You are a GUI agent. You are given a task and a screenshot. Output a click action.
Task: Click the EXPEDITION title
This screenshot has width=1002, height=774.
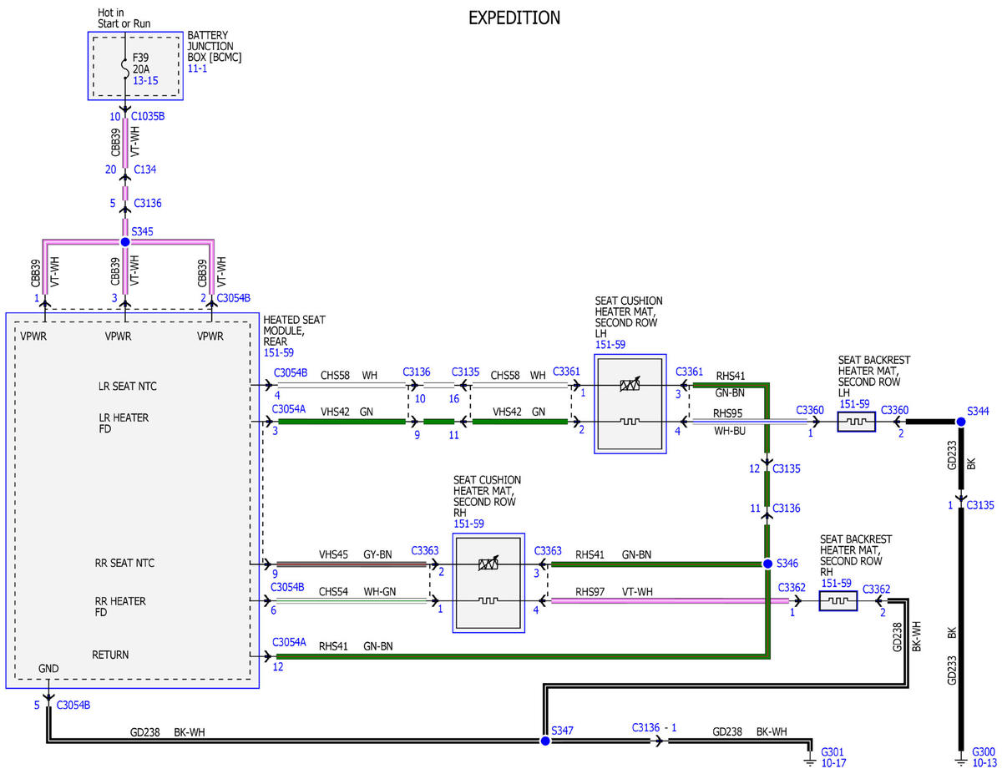pos(514,18)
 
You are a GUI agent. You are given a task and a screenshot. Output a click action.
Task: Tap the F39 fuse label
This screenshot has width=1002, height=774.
pos(140,58)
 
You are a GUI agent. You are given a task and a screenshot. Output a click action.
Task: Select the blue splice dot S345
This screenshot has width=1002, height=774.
pos(125,242)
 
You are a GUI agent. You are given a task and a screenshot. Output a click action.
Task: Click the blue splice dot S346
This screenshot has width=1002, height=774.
pos(767,564)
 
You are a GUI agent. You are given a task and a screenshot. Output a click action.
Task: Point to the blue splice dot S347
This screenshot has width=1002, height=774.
pos(545,741)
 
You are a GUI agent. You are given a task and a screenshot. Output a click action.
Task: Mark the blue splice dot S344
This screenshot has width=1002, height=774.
pos(961,422)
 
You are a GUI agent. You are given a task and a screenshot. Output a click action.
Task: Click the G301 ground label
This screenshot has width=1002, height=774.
pos(832,751)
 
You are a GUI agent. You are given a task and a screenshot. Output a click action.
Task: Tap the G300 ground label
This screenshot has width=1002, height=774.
pos(984,751)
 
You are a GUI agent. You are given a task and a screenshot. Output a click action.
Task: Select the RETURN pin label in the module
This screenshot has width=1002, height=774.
pos(110,655)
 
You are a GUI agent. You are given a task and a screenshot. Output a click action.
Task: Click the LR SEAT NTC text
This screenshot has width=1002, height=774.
pos(127,387)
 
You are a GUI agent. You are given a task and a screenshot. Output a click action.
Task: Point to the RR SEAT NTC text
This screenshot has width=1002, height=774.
pos(124,563)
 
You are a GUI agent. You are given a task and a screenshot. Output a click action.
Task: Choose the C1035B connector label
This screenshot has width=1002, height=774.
pos(148,116)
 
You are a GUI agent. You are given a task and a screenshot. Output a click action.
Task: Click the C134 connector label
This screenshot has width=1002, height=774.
pos(144,169)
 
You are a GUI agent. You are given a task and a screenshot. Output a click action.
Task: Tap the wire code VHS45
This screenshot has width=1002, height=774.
pos(333,554)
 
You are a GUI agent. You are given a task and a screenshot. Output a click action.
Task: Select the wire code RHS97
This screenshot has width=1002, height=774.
pos(590,591)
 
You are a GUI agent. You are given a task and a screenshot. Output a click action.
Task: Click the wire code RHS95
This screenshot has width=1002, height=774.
pos(727,413)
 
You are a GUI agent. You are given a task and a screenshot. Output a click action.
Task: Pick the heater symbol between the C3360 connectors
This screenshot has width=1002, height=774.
pos(856,422)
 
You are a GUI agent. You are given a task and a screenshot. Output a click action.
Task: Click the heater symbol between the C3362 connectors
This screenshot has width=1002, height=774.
pos(838,600)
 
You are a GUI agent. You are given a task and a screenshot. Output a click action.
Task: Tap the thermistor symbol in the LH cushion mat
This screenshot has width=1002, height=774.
pos(630,384)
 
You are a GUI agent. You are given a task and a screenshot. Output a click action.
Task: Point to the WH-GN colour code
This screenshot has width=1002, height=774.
pos(379,591)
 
